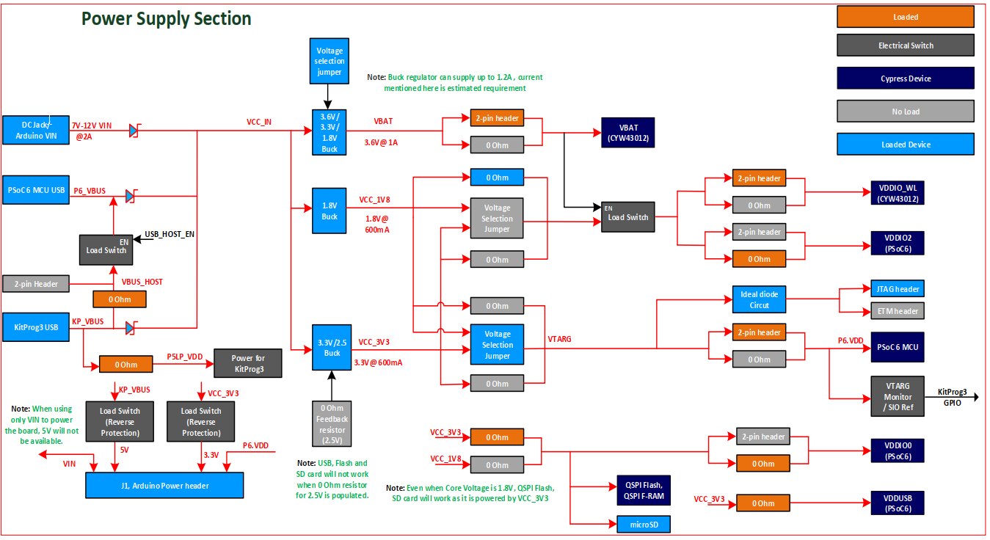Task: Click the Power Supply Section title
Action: (167, 19)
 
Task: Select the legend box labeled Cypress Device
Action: (906, 79)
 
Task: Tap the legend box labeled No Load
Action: (906, 112)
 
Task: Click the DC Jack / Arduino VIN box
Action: (35, 130)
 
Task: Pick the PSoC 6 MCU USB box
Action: (35, 190)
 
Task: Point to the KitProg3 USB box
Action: (35, 326)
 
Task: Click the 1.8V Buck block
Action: (330, 211)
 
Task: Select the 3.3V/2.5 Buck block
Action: (330, 346)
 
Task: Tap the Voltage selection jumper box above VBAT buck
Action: (330, 60)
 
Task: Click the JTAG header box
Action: (896, 289)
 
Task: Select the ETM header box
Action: (896, 311)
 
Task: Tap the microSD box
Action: (639, 524)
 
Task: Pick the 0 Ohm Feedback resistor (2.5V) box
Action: (330, 424)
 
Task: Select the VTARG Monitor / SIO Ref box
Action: (896, 396)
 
